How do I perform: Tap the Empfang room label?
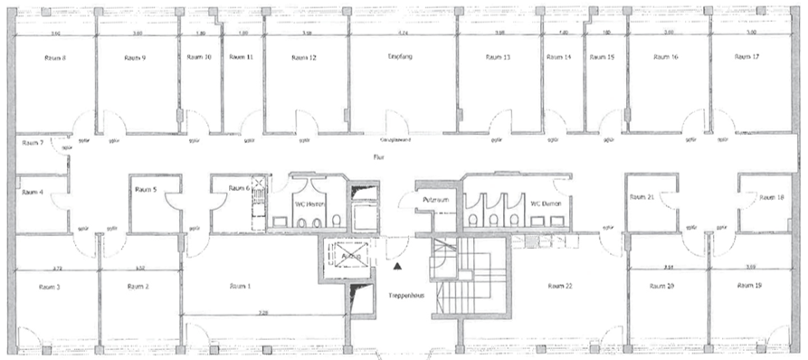point(400,56)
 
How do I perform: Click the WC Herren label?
point(309,204)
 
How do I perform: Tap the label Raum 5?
point(145,189)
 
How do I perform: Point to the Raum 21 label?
point(643,195)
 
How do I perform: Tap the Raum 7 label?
point(33,143)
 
